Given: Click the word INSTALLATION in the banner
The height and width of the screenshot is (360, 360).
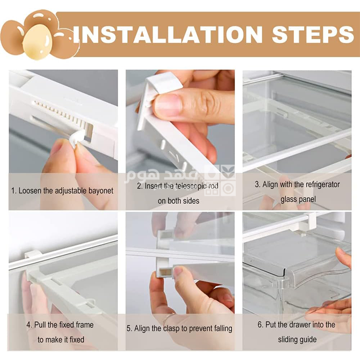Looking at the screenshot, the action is click(x=167, y=35).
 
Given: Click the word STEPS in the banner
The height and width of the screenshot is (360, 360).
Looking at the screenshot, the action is click(x=313, y=35).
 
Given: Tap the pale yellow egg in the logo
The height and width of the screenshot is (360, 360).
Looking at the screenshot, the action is click(x=38, y=42).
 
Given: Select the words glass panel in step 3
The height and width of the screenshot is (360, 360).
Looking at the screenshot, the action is click(x=298, y=199).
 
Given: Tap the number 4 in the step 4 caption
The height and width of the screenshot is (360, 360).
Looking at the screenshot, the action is click(x=28, y=325).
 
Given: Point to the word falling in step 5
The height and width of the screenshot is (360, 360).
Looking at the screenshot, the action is click(x=222, y=328).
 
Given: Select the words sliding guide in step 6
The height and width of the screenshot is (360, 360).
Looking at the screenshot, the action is click(x=297, y=340).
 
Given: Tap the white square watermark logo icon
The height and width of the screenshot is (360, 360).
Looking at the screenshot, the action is click(x=220, y=180).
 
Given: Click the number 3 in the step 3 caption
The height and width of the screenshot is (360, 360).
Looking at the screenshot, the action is click(x=257, y=184).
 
